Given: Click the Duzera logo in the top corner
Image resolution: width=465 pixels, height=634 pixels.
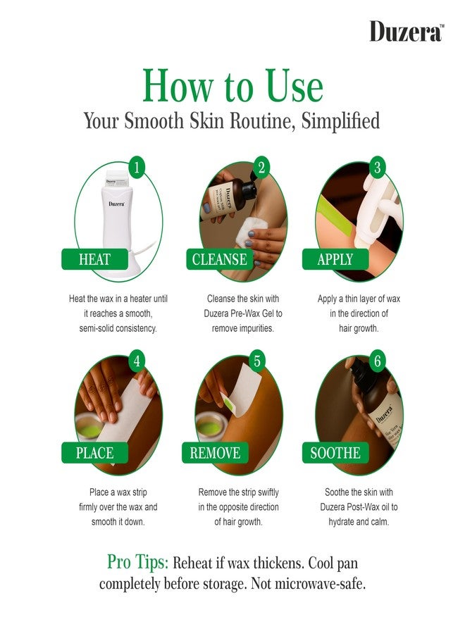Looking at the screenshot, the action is [407, 31].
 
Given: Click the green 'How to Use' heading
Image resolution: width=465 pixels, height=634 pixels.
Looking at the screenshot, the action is [233, 85].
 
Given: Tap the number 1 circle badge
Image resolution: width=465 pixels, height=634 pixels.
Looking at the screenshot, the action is [137, 166].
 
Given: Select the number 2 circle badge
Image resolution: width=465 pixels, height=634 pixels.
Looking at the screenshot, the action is [261, 166].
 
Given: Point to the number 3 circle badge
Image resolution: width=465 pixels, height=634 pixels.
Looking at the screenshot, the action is [377, 166].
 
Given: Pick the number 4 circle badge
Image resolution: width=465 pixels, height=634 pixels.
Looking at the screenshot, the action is [137, 360].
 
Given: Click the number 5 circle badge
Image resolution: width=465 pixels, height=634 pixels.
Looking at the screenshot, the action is [257, 360].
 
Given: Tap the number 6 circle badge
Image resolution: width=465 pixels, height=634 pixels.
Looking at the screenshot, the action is [377, 360].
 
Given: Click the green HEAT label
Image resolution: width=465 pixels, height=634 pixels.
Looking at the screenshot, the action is [94, 259].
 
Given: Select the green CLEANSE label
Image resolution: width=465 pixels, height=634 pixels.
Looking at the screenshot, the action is [220, 259].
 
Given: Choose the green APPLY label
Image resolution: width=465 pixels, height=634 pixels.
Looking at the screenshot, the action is [335, 259].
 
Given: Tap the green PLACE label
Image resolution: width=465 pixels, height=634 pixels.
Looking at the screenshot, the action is [94, 453].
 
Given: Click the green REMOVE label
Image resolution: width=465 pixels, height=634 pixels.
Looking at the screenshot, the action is [215, 453].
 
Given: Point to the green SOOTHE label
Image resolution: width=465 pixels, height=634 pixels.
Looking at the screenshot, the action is [335, 453].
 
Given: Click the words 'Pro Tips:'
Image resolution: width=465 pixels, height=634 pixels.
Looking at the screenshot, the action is [137, 562].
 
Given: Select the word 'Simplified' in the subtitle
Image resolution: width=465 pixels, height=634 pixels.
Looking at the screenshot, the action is [340, 121].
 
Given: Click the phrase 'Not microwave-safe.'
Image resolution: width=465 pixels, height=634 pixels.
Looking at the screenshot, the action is [308, 584].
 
